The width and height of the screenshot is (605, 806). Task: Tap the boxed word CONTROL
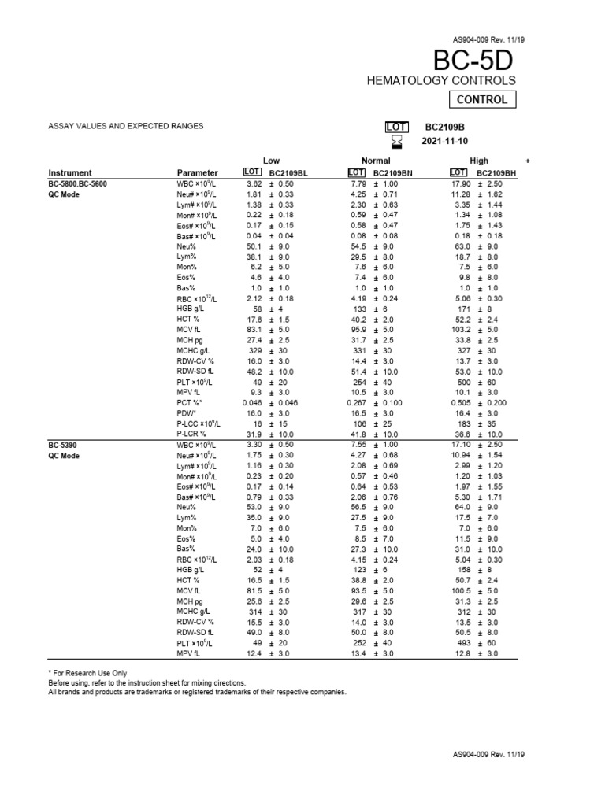(483, 100)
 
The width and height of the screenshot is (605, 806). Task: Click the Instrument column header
(70, 172)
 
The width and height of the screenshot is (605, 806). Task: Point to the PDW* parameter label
(187, 413)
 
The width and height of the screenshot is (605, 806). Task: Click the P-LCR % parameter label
(192, 434)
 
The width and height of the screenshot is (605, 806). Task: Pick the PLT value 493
(465, 643)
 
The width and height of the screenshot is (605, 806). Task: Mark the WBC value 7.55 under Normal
(358, 444)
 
